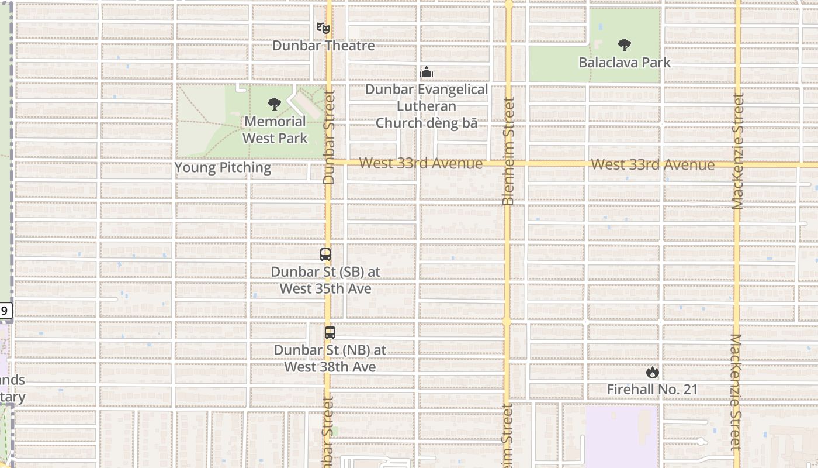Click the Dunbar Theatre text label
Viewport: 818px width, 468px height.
click(x=323, y=46)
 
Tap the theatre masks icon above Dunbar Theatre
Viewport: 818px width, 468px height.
click(x=323, y=27)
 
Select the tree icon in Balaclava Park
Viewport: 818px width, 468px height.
click(x=625, y=45)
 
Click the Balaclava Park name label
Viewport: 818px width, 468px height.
click(x=625, y=62)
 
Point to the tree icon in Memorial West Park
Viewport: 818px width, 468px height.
click(x=275, y=105)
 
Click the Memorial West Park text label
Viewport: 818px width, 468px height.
click(x=275, y=130)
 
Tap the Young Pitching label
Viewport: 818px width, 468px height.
click(x=223, y=168)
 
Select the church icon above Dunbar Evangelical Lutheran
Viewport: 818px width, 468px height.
click(x=427, y=73)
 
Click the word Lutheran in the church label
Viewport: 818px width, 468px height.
click(x=427, y=106)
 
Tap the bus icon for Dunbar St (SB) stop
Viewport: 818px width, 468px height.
click(x=325, y=254)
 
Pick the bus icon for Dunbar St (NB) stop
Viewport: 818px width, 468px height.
click(x=330, y=333)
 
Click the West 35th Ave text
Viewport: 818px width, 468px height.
click(x=325, y=289)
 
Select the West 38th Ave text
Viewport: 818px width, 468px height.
click(x=330, y=367)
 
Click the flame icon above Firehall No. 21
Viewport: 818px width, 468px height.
click(x=652, y=373)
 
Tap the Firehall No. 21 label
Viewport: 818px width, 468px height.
click(x=652, y=389)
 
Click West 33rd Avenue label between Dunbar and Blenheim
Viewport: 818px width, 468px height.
click(x=421, y=163)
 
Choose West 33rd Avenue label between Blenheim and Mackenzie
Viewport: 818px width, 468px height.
click(x=653, y=165)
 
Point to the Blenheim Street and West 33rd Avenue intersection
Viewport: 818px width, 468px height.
click(x=508, y=164)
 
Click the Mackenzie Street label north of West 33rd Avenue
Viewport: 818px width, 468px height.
click(x=738, y=151)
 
